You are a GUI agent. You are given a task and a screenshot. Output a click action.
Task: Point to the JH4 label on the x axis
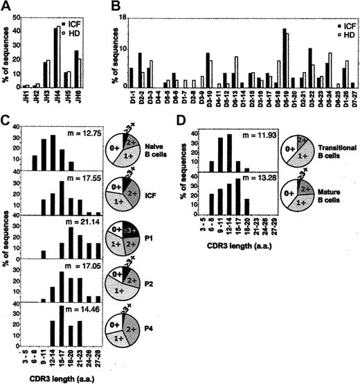(57, 92)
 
